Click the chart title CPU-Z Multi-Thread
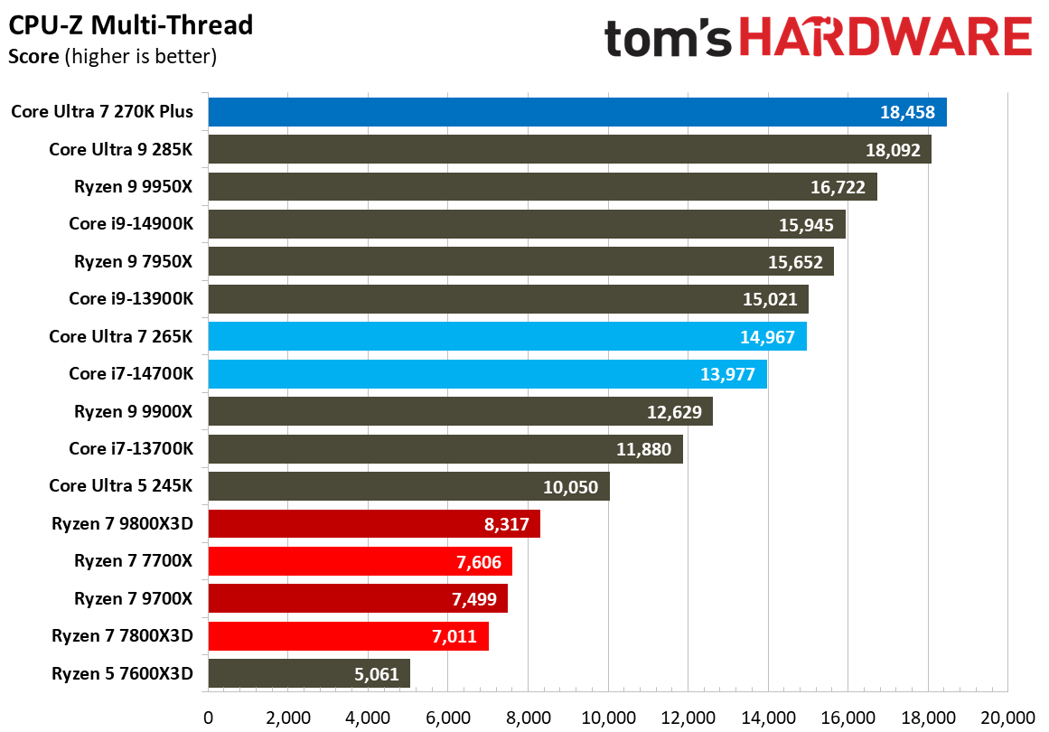click(x=131, y=25)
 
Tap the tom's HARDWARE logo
click(x=818, y=38)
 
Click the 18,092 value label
click(x=893, y=150)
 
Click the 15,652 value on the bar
click(x=796, y=262)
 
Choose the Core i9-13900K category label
click(x=131, y=298)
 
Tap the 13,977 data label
click(x=729, y=374)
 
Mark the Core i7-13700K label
click(x=131, y=448)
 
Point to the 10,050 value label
click(x=571, y=486)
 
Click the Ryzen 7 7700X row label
click(x=134, y=560)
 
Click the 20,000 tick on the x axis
click(x=1007, y=718)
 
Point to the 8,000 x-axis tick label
click(x=529, y=718)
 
